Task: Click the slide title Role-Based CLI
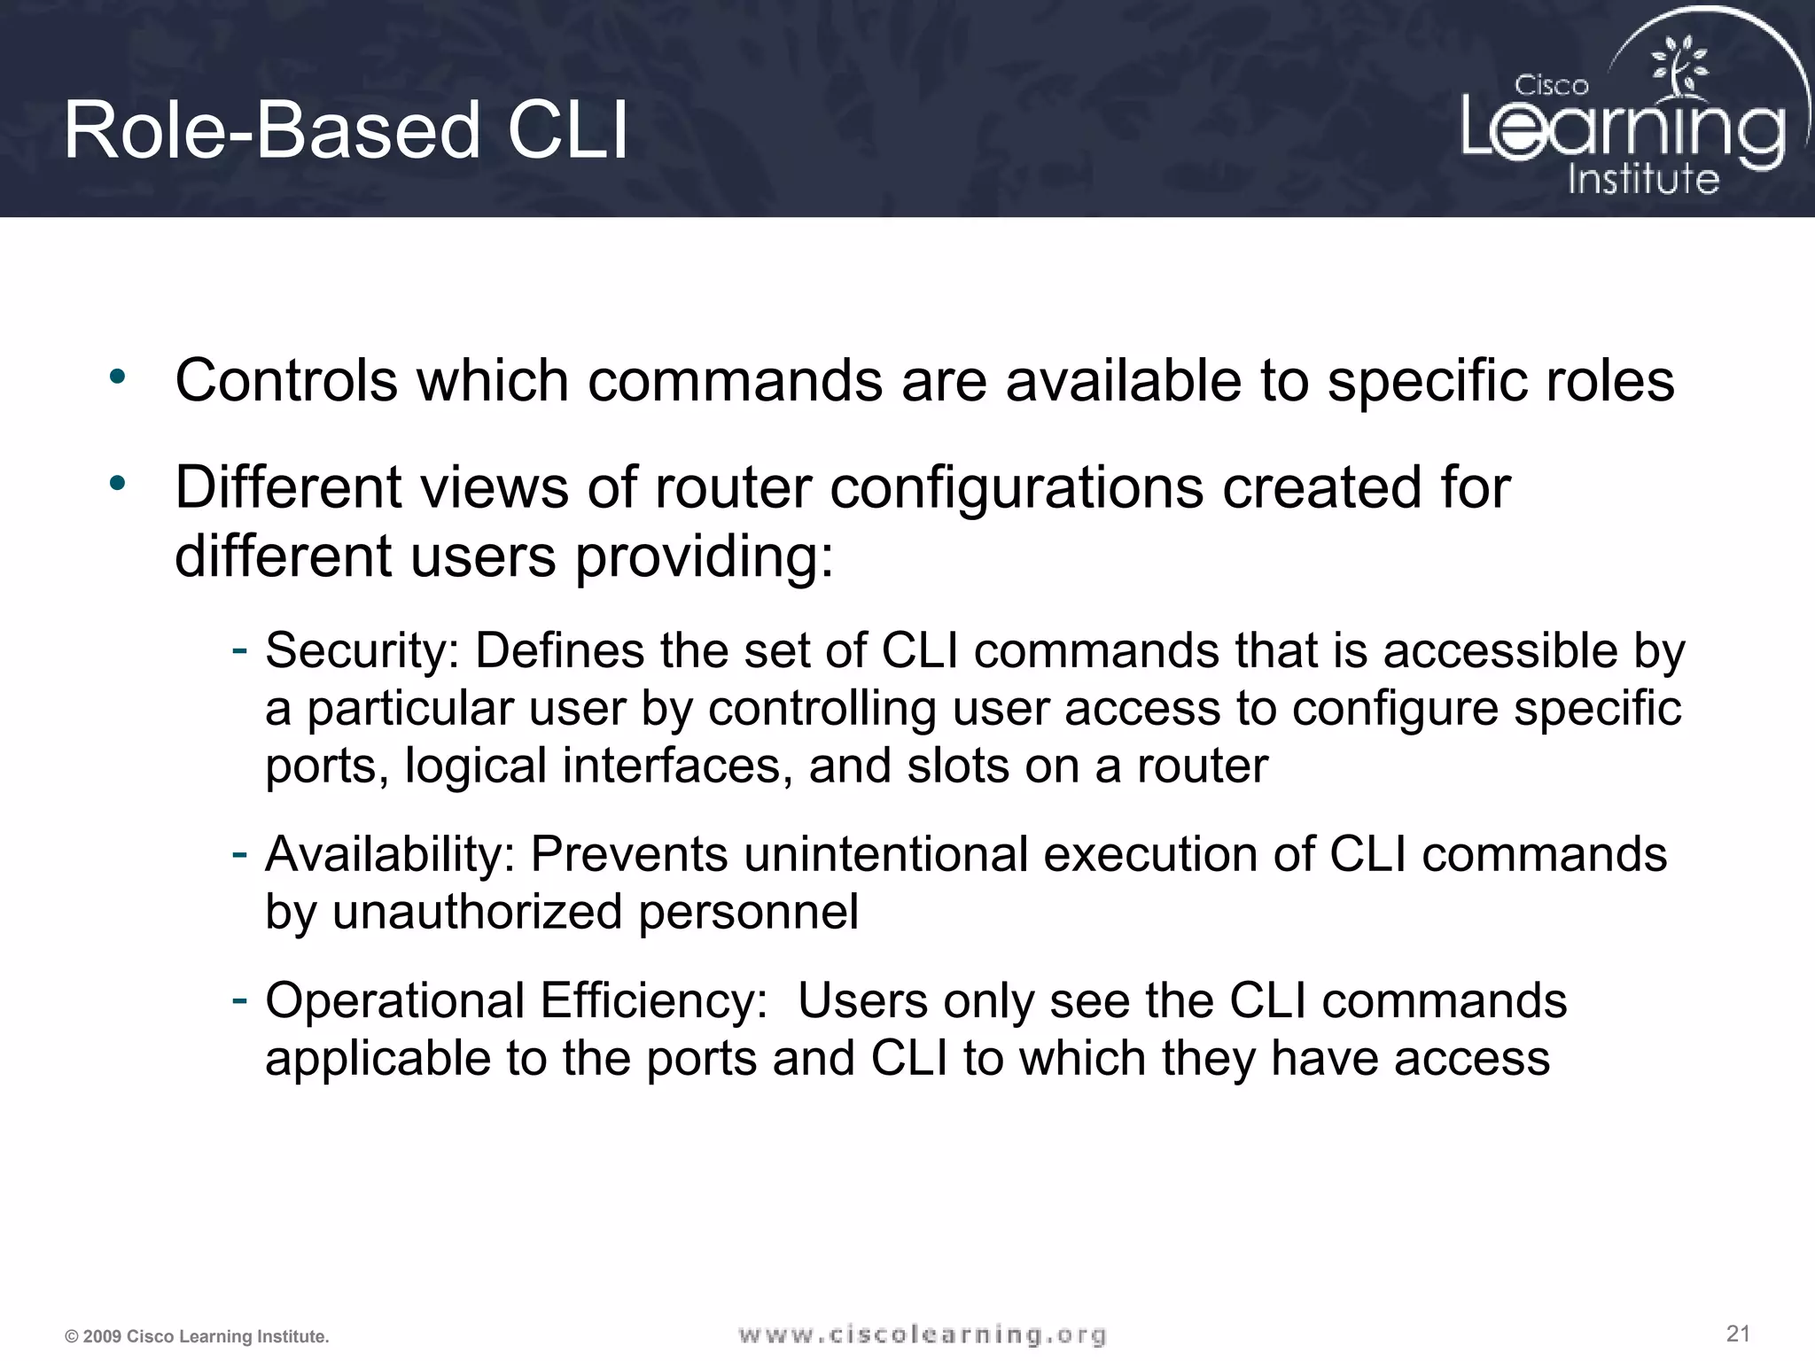[346, 131]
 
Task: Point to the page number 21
[1738, 1333]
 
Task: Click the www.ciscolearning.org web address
[922, 1334]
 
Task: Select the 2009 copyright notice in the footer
[197, 1336]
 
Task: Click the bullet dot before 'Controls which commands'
[118, 378]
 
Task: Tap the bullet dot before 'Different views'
[118, 484]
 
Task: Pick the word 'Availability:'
[390, 855]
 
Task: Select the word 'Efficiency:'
[653, 1001]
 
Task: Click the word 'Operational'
[395, 1001]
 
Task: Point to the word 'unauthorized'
[477, 912]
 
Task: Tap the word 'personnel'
[748, 914]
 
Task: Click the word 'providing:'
[705, 557]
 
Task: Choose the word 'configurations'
[1017, 488]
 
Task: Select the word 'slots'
[957, 766]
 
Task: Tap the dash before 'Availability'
[238, 853]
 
